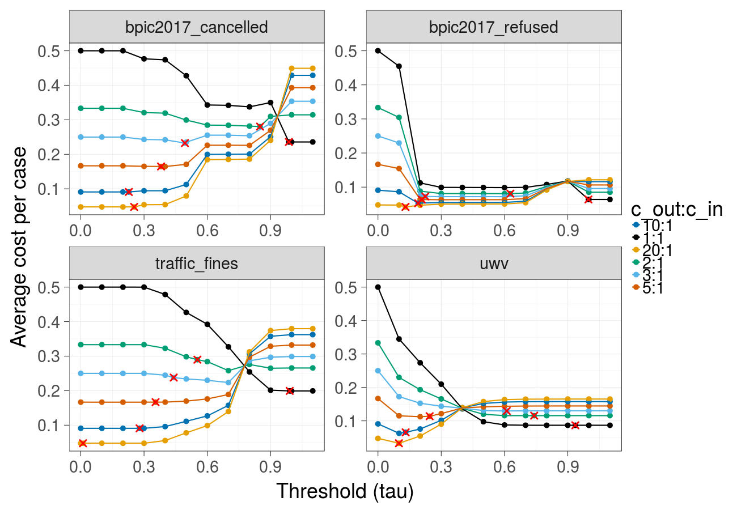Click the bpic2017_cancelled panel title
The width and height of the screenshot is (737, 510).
click(x=196, y=27)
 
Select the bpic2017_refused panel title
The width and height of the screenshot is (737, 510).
click(x=494, y=27)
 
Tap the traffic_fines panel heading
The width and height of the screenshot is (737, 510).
click(x=196, y=263)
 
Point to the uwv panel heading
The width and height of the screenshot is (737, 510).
click(x=494, y=263)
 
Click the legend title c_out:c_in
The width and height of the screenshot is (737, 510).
click(x=676, y=210)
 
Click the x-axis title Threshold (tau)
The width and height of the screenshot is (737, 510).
click(x=345, y=491)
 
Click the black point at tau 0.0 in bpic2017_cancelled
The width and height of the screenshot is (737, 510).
click(x=81, y=50)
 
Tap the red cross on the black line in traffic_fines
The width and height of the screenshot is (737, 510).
click(x=290, y=390)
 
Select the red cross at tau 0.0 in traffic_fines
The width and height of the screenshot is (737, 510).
click(x=83, y=443)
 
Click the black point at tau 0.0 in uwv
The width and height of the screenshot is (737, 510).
click(x=378, y=287)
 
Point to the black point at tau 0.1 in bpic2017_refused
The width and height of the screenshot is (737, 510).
click(x=399, y=66)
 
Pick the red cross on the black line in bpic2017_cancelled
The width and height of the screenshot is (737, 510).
click(x=289, y=142)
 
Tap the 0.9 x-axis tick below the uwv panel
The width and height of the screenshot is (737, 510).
click(x=567, y=466)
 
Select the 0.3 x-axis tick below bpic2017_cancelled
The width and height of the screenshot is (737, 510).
click(x=143, y=230)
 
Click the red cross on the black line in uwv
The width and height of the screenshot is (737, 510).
click(x=575, y=425)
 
